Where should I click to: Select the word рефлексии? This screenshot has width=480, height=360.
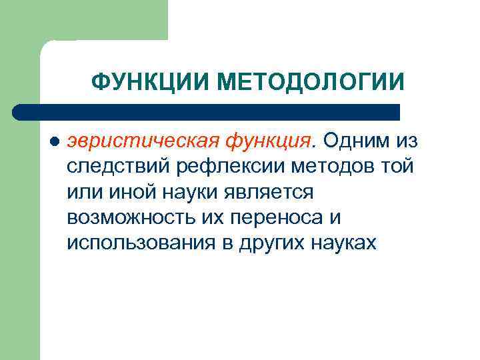216,167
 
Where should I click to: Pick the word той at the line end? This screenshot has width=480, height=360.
399,167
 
